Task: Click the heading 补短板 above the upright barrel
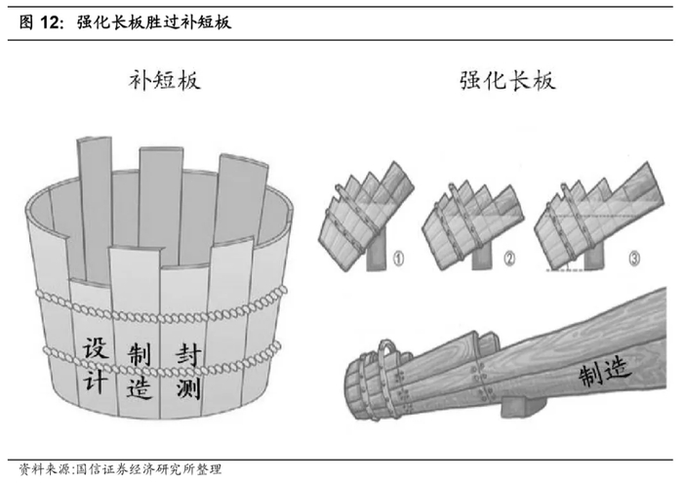tap(164, 81)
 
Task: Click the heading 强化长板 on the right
tap(507, 81)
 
